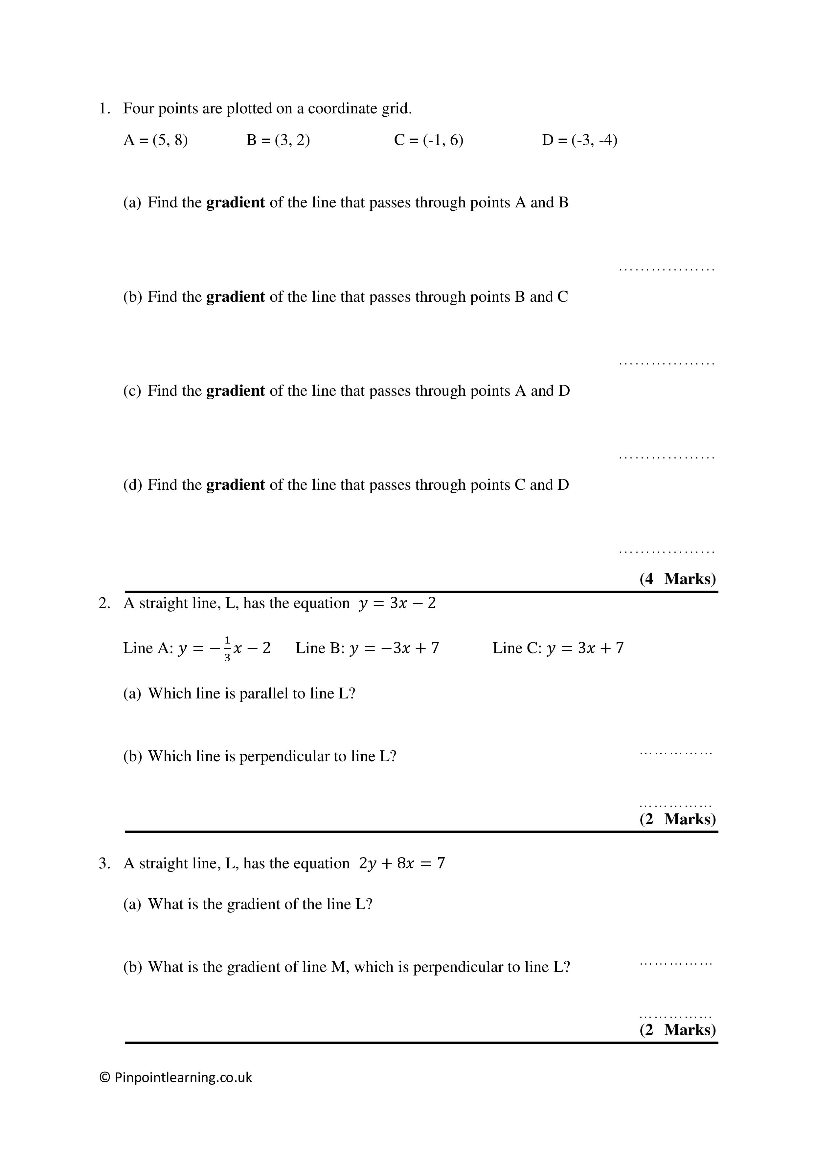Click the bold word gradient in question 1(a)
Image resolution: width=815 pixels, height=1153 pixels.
click(235, 202)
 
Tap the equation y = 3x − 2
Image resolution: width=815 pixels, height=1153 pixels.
click(397, 603)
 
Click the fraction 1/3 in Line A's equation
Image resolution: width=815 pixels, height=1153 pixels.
click(227, 648)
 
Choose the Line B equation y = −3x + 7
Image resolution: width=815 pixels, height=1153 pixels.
click(394, 648)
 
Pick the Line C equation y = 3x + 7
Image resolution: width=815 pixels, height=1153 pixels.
click(585, 648)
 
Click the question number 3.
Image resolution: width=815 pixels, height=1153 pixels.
click(104, 864)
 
